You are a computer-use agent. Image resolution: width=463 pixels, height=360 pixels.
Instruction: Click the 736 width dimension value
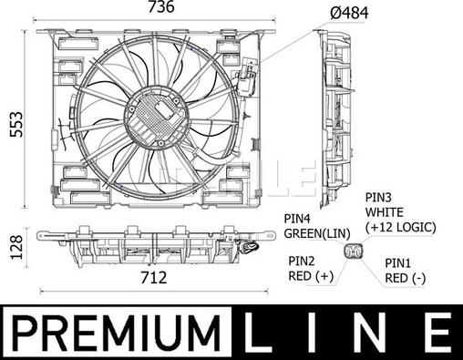pos(161,7)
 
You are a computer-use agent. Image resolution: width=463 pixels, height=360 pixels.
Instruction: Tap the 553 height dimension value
pos(16,124)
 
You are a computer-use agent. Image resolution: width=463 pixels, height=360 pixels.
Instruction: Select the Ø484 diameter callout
pos(349,13)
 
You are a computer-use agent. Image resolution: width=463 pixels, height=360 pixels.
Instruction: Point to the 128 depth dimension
pos(16,247)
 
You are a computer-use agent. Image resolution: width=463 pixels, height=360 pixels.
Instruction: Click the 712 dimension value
pos(154,277)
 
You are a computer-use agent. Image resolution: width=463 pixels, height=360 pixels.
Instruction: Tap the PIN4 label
pos(297,218)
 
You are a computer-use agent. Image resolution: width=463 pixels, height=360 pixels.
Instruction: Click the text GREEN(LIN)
pos(317,233)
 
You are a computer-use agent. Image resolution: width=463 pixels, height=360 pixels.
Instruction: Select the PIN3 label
pos(378,198)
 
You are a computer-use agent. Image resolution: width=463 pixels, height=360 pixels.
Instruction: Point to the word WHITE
pos(385,212)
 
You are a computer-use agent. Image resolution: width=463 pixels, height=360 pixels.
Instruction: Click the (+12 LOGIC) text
pos(401,227)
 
